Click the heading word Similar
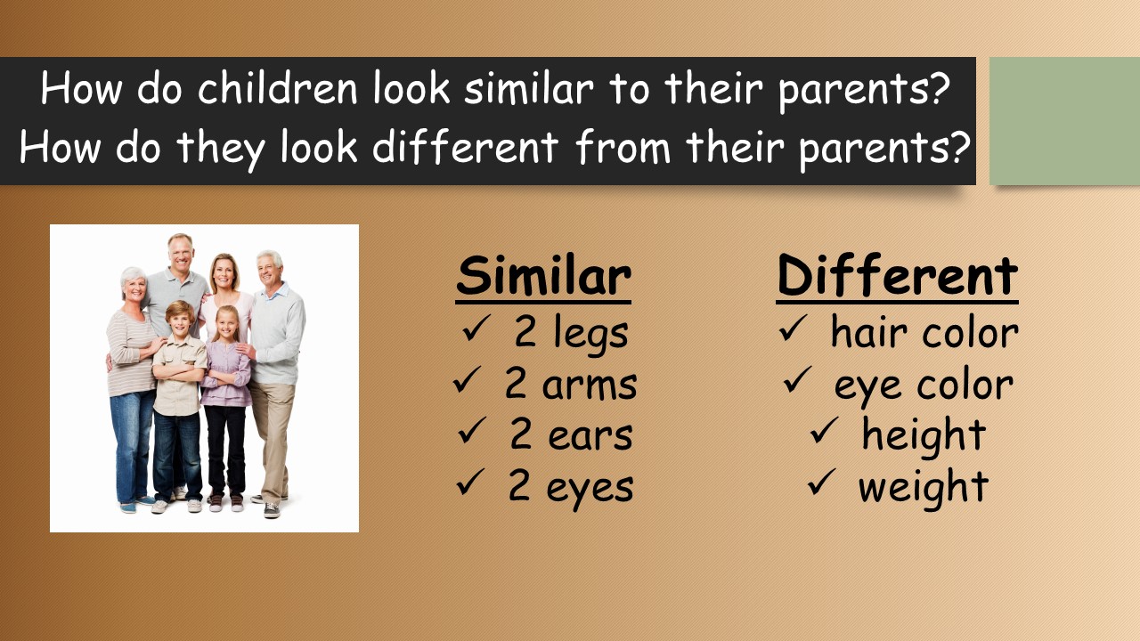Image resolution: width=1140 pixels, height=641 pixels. pyautogui.click(x=543, y=276)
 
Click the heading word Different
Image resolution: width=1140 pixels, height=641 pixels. pyautogui.click(x=897, y=276)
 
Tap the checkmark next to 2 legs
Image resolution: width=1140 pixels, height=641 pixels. pyautogui.click(x=476, y=329)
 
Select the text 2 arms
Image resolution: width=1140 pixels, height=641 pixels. pyautogui.click(x=571, y=385)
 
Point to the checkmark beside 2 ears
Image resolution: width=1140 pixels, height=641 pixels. pyautogui.click(x=472, y=430)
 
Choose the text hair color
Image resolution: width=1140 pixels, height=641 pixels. pyautogui.click(x=924, y=332)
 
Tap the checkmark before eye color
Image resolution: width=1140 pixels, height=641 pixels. pyautogui.click(x=798, y=379)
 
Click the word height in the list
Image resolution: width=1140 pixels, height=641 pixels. pyautogui.click(x=924, y=435)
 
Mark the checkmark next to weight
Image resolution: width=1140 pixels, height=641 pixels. pyautogui.click(x=821, y=482)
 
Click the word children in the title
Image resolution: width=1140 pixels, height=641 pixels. pyautogui.click(x=277, y=88)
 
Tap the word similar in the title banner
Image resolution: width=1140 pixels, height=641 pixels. pyautogui.click(x=529, y=88)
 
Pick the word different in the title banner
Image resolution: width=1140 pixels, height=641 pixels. pyautogui.click(x=465, y=147)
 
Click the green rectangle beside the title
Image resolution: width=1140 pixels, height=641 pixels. pyautogui.click(x=1064, y=121)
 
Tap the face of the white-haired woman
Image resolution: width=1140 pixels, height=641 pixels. pyautogui.click(x=134, y=288)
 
